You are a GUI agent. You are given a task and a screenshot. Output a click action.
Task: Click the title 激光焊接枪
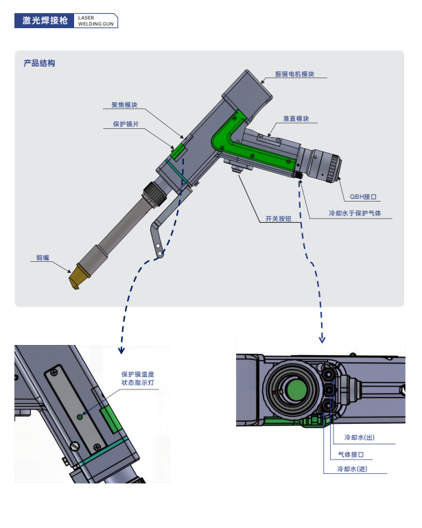coord(45,21)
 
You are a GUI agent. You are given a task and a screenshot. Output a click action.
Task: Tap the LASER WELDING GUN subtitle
coord(96,21)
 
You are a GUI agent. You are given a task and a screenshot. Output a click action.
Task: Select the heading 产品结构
coord(39,63)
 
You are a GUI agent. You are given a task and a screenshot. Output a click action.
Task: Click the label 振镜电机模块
coord(294,74)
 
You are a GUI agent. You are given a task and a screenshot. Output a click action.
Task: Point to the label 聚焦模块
coord(125,105)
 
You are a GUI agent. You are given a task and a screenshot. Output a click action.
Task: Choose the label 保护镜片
coord(126,124)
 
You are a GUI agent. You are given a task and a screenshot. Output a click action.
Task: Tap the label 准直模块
coord(296,119)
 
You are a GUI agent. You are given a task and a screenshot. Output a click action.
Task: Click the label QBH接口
coord(363,197)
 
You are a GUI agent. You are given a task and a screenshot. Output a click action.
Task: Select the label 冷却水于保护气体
coord(355,213)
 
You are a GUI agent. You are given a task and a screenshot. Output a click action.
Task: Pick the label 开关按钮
coord(279,219)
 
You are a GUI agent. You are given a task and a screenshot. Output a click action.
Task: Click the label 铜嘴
coord(43,258)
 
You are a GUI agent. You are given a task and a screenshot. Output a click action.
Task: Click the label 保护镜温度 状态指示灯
coord(138,379)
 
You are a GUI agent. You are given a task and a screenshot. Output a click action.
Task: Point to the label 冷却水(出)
coord(360,437)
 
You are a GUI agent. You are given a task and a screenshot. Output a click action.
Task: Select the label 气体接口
coord(351,455)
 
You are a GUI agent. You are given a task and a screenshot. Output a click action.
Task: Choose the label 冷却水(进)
coord(352,469)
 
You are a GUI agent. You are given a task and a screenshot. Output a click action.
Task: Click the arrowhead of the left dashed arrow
coord(121,351)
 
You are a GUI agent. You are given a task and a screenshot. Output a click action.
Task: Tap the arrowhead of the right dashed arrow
coord(323,340)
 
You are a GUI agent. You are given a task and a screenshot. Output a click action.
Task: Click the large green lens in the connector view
coord(296,389)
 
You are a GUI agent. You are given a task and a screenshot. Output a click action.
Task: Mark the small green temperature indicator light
coord(80,417)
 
